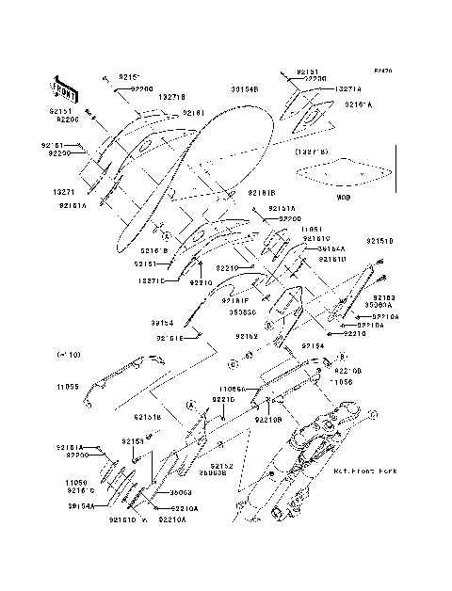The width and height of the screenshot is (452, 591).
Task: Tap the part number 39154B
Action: (245, 88)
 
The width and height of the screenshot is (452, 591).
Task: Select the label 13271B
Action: (169, 98)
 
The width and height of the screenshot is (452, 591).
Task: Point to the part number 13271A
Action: (347, 88)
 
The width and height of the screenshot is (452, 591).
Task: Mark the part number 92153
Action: (131, 440)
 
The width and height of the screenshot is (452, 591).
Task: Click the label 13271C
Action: (150, 280)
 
